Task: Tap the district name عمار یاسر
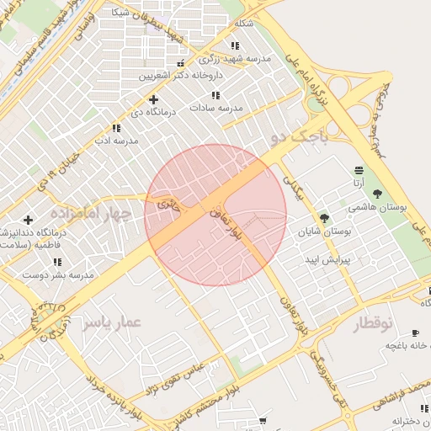(111, 322)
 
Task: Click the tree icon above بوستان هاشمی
(376, 194)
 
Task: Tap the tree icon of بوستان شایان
(324, 218)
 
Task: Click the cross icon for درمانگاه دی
(153, 99)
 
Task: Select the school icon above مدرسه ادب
(116, 128)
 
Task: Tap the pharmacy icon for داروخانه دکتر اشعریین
(179, 65)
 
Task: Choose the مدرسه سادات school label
(216, 108)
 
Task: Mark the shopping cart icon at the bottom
(263, 420)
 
